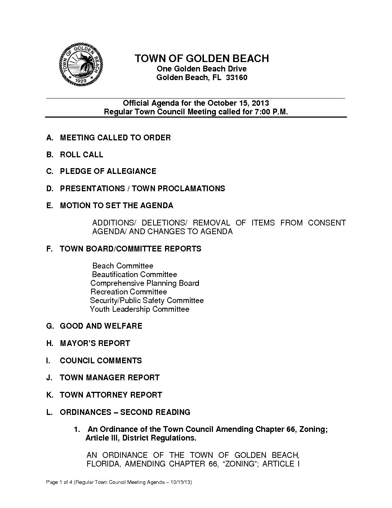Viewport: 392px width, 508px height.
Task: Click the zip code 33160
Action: (236, 78)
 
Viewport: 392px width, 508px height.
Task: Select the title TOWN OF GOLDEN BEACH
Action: (202, 58)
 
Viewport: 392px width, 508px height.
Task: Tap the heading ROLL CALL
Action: (81, 155)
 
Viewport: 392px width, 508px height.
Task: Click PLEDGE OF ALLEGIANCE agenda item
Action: (108, 171)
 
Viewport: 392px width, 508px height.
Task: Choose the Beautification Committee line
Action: (134, 275)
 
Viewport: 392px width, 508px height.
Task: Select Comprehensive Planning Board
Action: (144, 283)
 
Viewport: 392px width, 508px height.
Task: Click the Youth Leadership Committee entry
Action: (139, 309)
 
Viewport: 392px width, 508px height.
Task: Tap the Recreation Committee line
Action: (129, 292)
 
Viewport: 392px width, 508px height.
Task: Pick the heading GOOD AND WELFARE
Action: (101, 326)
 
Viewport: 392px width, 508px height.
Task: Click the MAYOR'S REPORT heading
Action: (95, 343)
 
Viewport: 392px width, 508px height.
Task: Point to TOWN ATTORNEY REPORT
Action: (111, 395)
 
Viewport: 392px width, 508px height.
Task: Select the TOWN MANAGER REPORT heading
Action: (110, 378)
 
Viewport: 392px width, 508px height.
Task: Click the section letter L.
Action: (49, 412)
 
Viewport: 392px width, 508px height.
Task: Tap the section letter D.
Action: (49, 189)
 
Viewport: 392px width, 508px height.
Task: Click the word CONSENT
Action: (326, 223)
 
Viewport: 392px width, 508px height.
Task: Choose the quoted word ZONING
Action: (240, 464)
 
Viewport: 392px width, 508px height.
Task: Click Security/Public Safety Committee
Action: (147, 301)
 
